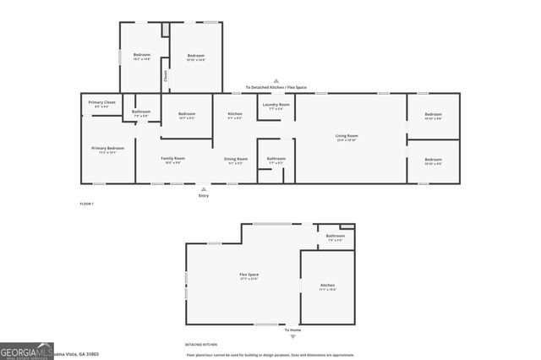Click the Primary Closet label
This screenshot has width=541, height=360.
102,103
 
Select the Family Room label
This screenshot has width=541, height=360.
174,159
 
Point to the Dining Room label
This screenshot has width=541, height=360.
236,159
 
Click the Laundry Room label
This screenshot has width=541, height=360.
276,105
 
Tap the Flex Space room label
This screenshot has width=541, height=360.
249,275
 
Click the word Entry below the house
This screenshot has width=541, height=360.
204,196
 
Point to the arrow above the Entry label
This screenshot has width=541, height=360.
204,188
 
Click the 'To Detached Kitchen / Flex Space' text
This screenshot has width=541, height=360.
276,87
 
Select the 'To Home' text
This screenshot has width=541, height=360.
292,330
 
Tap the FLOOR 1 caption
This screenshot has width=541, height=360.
87,205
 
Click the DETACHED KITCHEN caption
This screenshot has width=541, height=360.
201,345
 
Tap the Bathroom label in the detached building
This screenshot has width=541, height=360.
336,237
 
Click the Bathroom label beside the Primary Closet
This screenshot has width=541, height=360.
141,112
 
